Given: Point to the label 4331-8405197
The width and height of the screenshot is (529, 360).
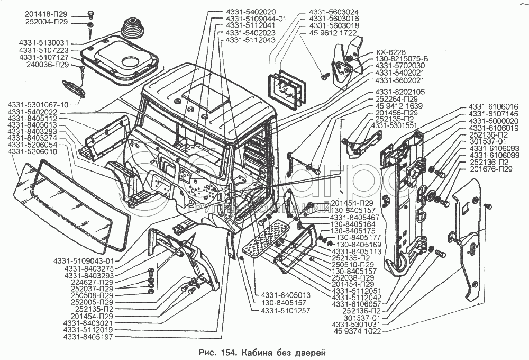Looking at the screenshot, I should click(x=88, y=337).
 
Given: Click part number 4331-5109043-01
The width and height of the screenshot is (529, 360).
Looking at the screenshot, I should click(x=84, y=261).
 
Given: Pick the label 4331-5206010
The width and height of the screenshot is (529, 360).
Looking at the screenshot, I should click(x=32, y=152).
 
